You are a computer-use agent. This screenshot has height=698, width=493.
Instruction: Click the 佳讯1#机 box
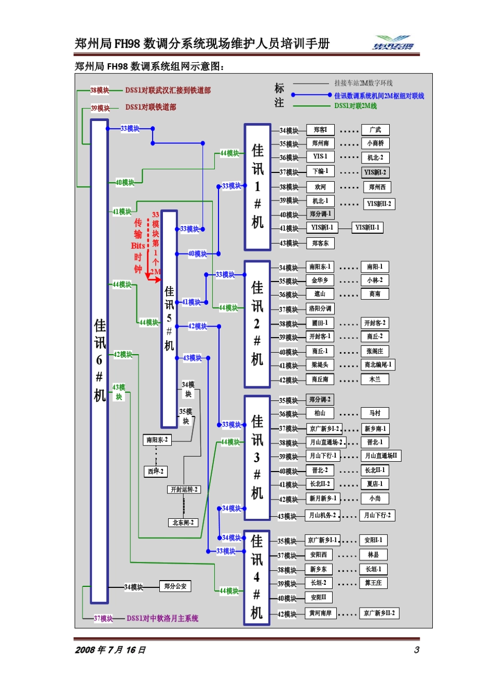coord(257,187)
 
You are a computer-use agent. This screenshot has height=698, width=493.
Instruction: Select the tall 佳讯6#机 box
coord(99,361)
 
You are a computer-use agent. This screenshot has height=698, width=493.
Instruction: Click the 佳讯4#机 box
coord(257,577)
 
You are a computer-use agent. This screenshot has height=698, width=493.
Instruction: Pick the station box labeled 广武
coord(375,130)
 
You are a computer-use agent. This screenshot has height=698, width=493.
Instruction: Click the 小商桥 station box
coord(375,143)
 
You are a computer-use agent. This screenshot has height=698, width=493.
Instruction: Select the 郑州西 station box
coord(377,187)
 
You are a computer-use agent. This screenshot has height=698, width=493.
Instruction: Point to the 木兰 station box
coord(375,380)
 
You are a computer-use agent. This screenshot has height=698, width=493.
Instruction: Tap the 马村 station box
coord(375,413)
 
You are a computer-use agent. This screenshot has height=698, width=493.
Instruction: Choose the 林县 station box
coord(373,555)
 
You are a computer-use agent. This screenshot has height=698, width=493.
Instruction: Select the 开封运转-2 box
coord(184,489)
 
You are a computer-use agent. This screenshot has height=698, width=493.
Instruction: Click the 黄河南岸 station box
coord(320,613)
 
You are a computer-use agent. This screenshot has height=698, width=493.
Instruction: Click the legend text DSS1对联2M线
coord(355,106)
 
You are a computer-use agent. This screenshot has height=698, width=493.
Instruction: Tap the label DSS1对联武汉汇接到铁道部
coord(168,90)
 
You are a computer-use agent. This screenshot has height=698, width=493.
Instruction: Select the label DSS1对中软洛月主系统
coord(162,619)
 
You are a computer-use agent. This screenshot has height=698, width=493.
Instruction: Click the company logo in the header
coord(394,43)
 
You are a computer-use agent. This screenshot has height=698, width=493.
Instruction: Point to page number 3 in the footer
coord(416,650)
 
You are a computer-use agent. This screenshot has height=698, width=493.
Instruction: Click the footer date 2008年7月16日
coord(111,650)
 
